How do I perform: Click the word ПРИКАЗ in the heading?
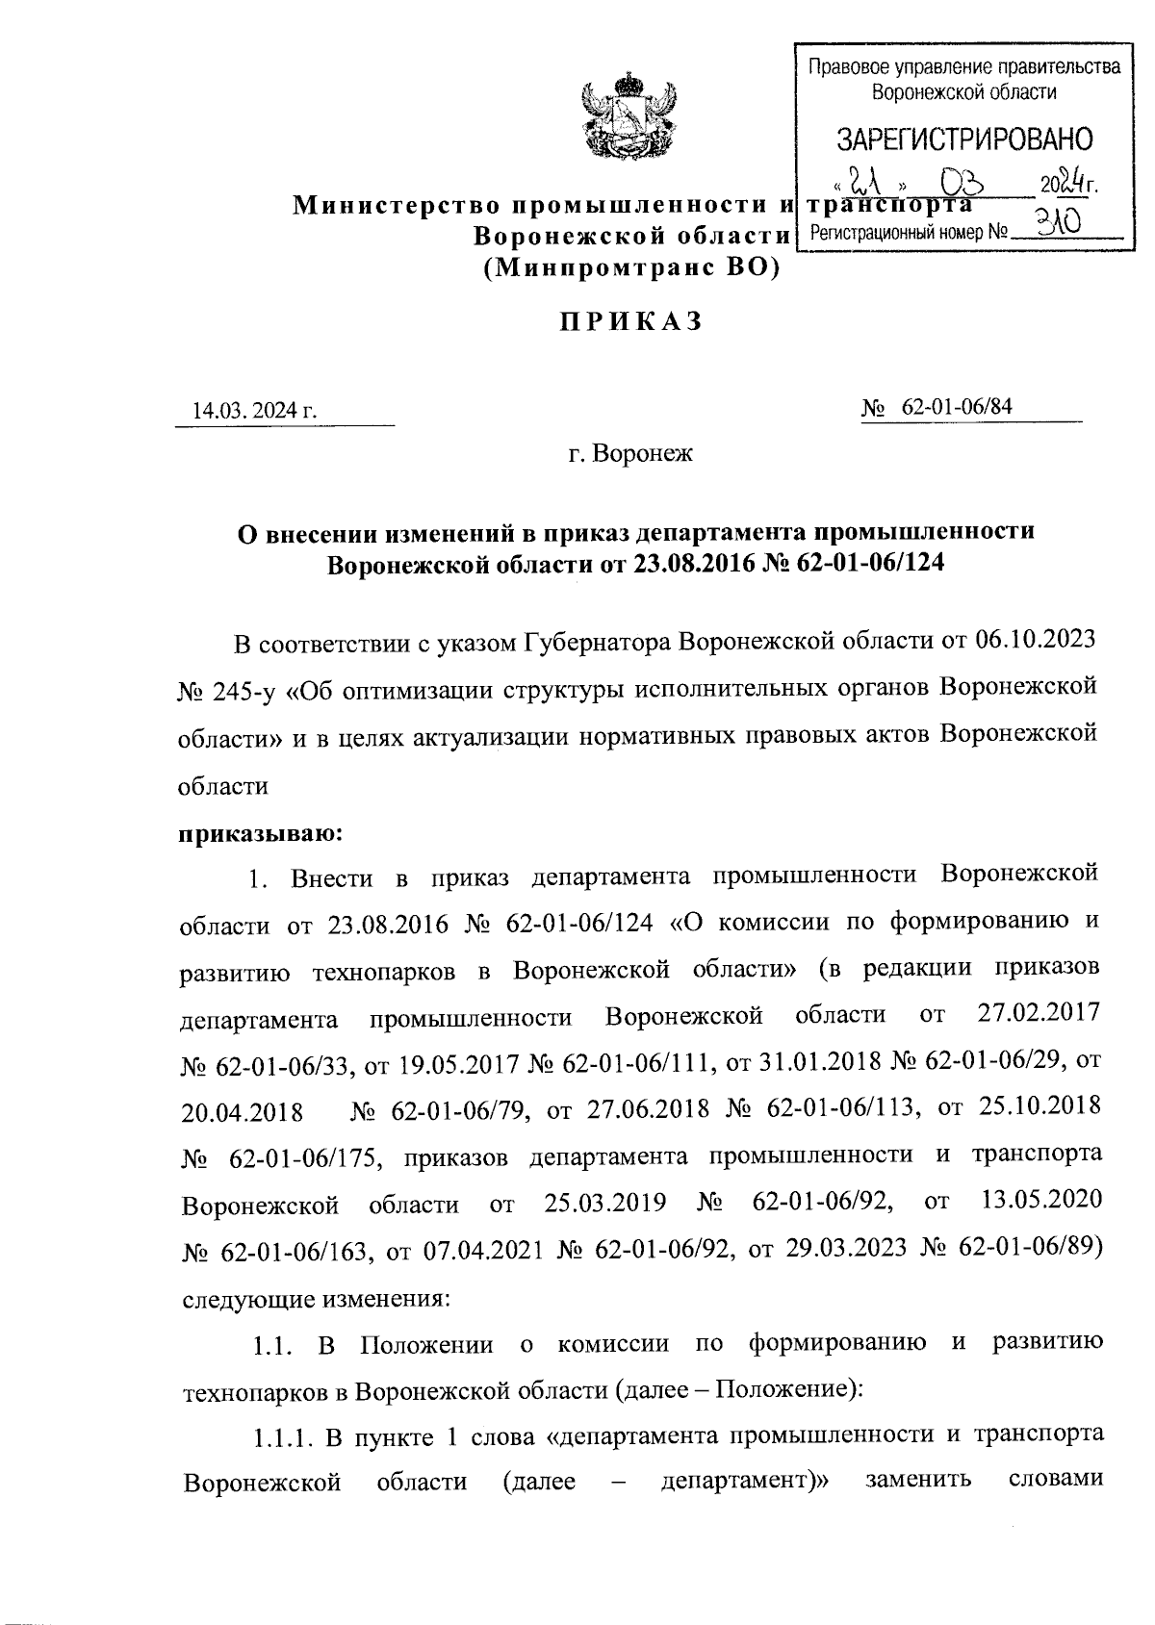pos(630,322)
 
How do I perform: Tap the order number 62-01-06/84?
pos(957,408)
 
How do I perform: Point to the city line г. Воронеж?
pos(630,453)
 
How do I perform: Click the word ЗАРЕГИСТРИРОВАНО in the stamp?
pos(963,140)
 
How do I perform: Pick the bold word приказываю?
pos(257,831)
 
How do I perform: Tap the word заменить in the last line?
pos(918,1481)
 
